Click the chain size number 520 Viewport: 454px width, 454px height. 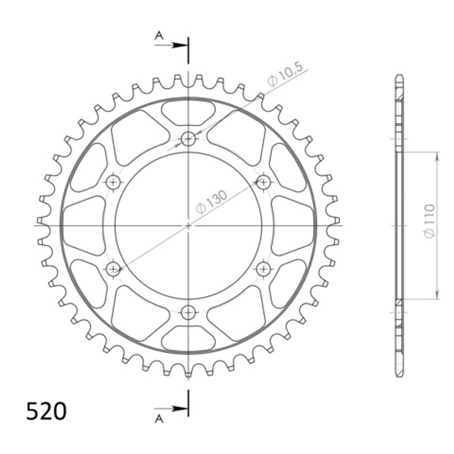(x=46, y=411)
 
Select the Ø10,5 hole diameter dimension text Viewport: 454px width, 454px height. (x=285, y=75)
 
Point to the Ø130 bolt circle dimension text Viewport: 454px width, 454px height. (x=211, y=202)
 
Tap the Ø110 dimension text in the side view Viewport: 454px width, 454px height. (x=429, y=221)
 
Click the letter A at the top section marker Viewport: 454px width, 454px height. (x=159, y=36)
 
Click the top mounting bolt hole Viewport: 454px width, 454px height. (x=188, y=139)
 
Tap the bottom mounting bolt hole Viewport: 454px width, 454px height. (x=188, y=313)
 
